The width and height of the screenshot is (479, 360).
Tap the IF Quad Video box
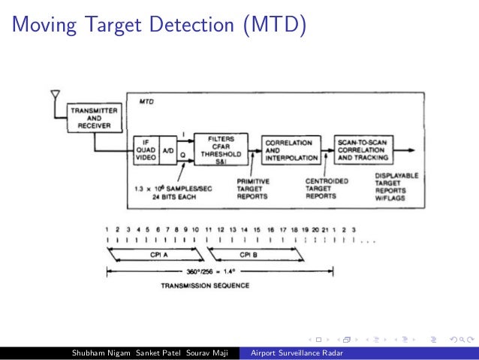click(147, 150)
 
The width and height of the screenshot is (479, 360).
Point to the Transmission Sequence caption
click(205, 286)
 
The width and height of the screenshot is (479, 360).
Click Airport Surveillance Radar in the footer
click(291, 353)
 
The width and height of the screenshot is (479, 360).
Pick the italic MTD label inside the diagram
click(147, 100)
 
